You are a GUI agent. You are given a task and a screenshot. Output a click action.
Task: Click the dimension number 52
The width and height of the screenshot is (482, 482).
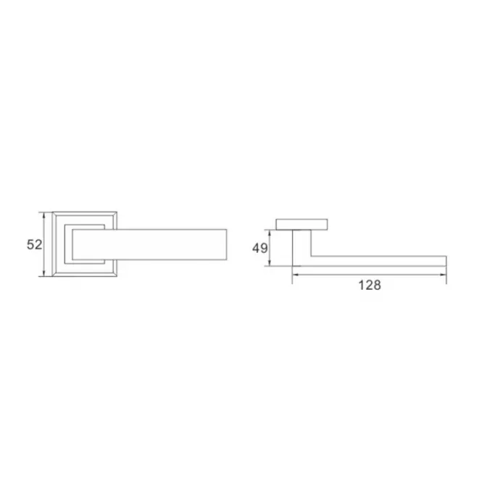click(x=35, y=245)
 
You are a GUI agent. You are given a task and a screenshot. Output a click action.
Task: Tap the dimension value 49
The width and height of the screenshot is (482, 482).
click(x=259, y=248)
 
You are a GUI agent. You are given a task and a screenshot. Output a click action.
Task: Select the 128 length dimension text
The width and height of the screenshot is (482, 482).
click(x=370, y=286)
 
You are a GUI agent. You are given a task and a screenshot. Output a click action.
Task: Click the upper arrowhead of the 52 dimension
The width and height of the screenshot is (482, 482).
click(x=44, y=215)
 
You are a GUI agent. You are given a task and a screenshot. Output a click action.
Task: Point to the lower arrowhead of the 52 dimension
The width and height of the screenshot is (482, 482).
click(x=44, y=273)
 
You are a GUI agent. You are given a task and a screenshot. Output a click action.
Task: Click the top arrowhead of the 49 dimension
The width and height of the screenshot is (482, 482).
click(x=270, y=233)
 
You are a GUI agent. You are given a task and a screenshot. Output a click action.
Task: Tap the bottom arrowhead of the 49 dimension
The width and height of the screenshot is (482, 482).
click(x=270, y=263)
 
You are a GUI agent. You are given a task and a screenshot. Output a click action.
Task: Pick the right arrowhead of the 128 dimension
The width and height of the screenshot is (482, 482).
click(x=443, y=275)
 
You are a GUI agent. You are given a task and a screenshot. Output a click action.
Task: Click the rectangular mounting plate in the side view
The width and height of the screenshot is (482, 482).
click(x=302, y=225)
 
